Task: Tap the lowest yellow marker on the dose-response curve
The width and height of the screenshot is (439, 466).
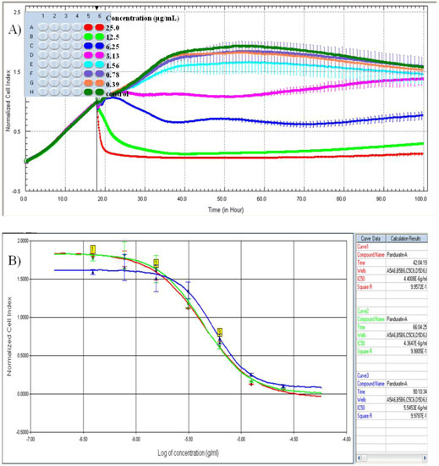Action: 220,333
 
